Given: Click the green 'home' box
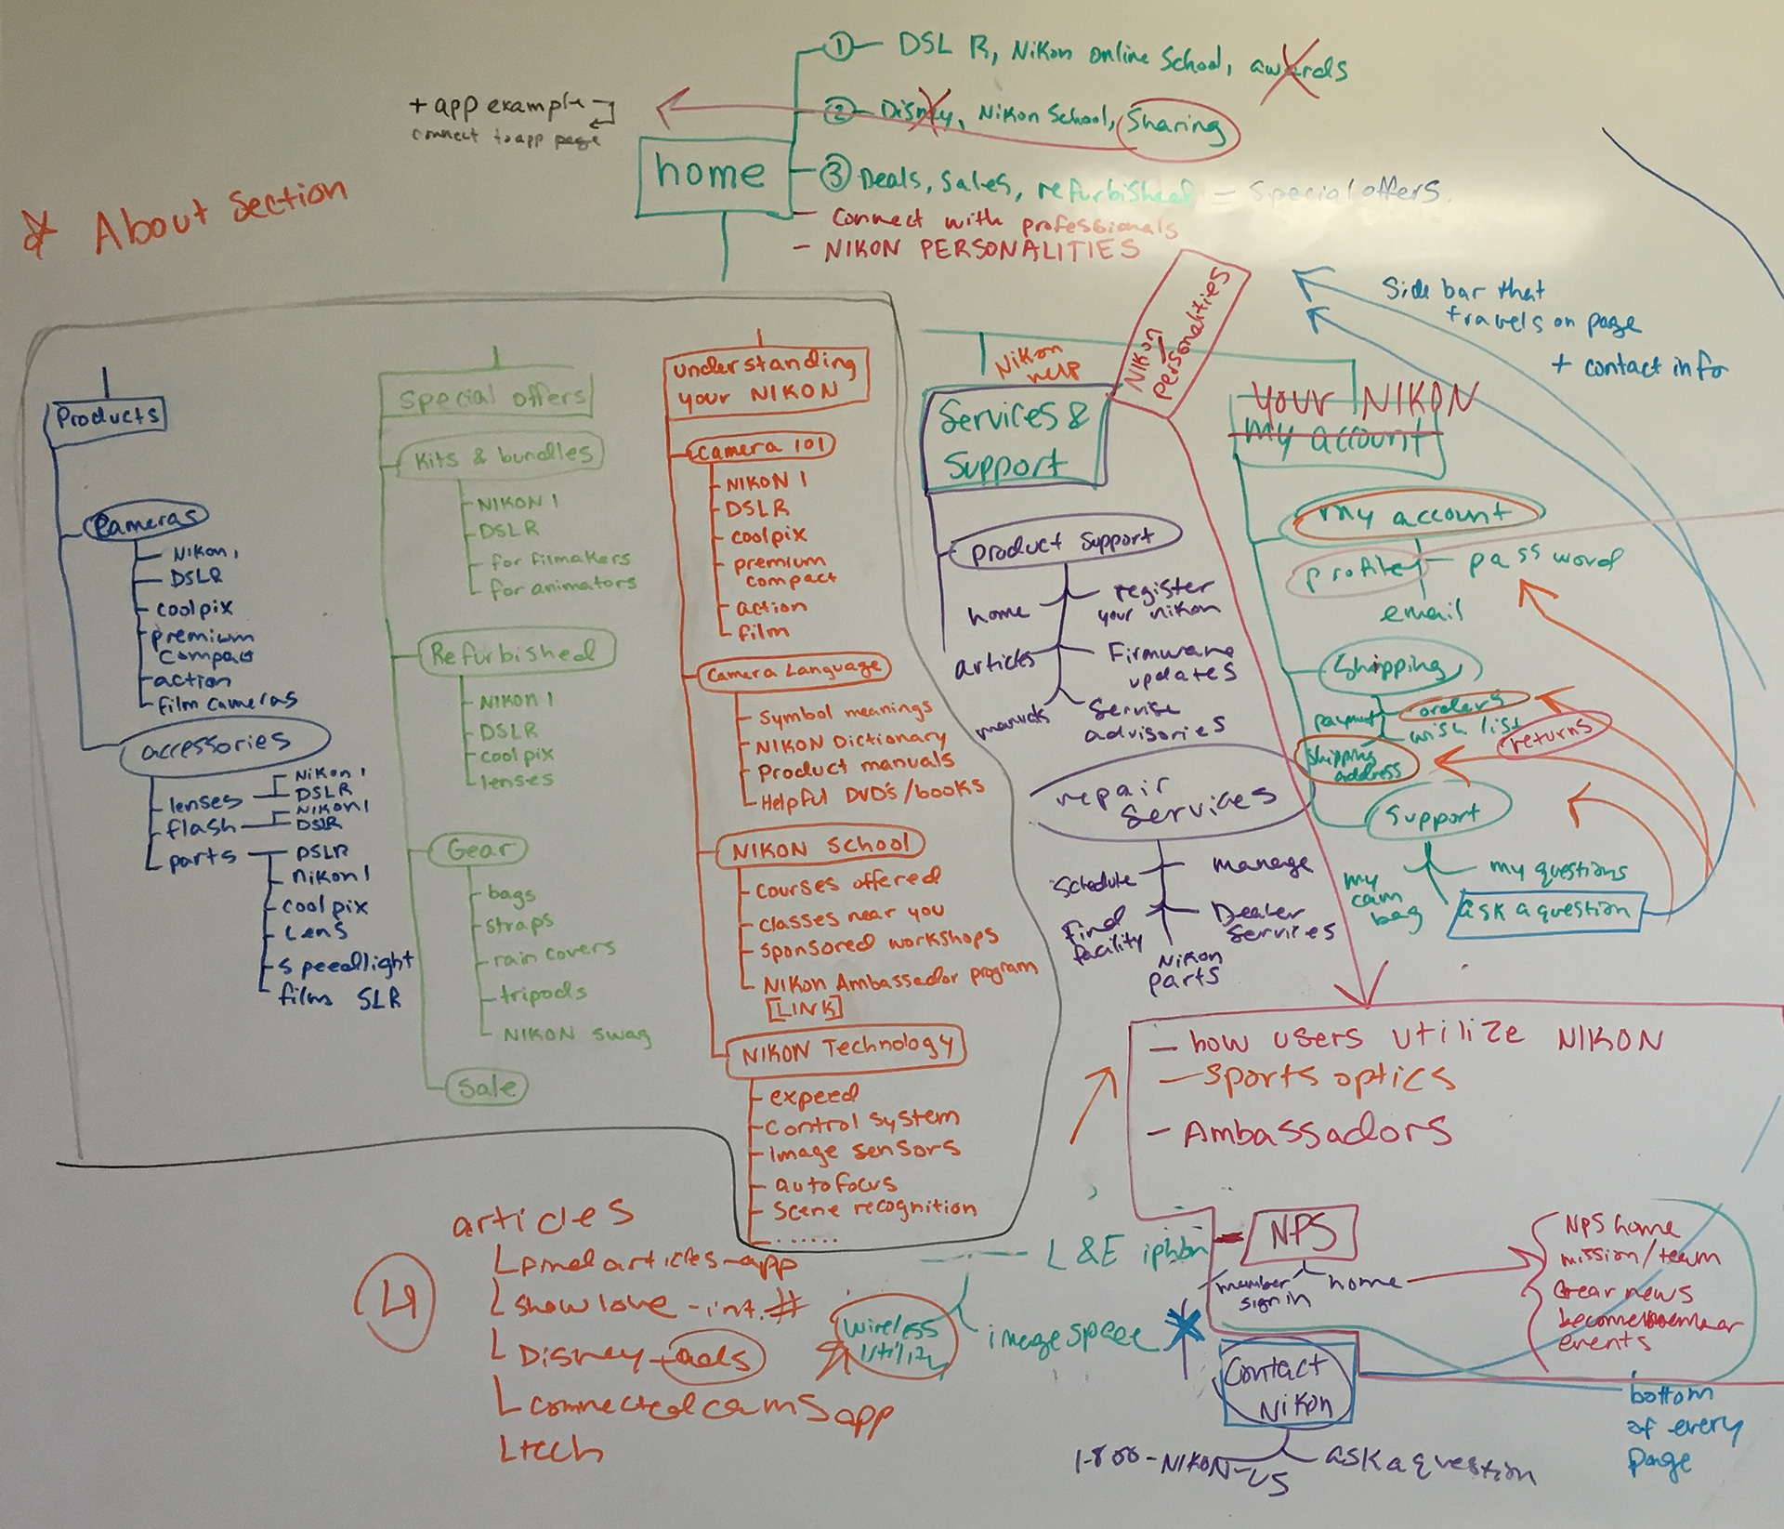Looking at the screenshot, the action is (x=712, y=173).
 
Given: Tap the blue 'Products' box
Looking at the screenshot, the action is (x=107, y=416).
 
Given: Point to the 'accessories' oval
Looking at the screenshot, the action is (x=224, y=745).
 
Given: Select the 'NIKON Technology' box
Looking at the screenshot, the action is (x=846, y=1049).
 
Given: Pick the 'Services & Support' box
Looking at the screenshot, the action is (x=1012, y=440).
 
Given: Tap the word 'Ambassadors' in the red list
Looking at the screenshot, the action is (x=1316, y=1133).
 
